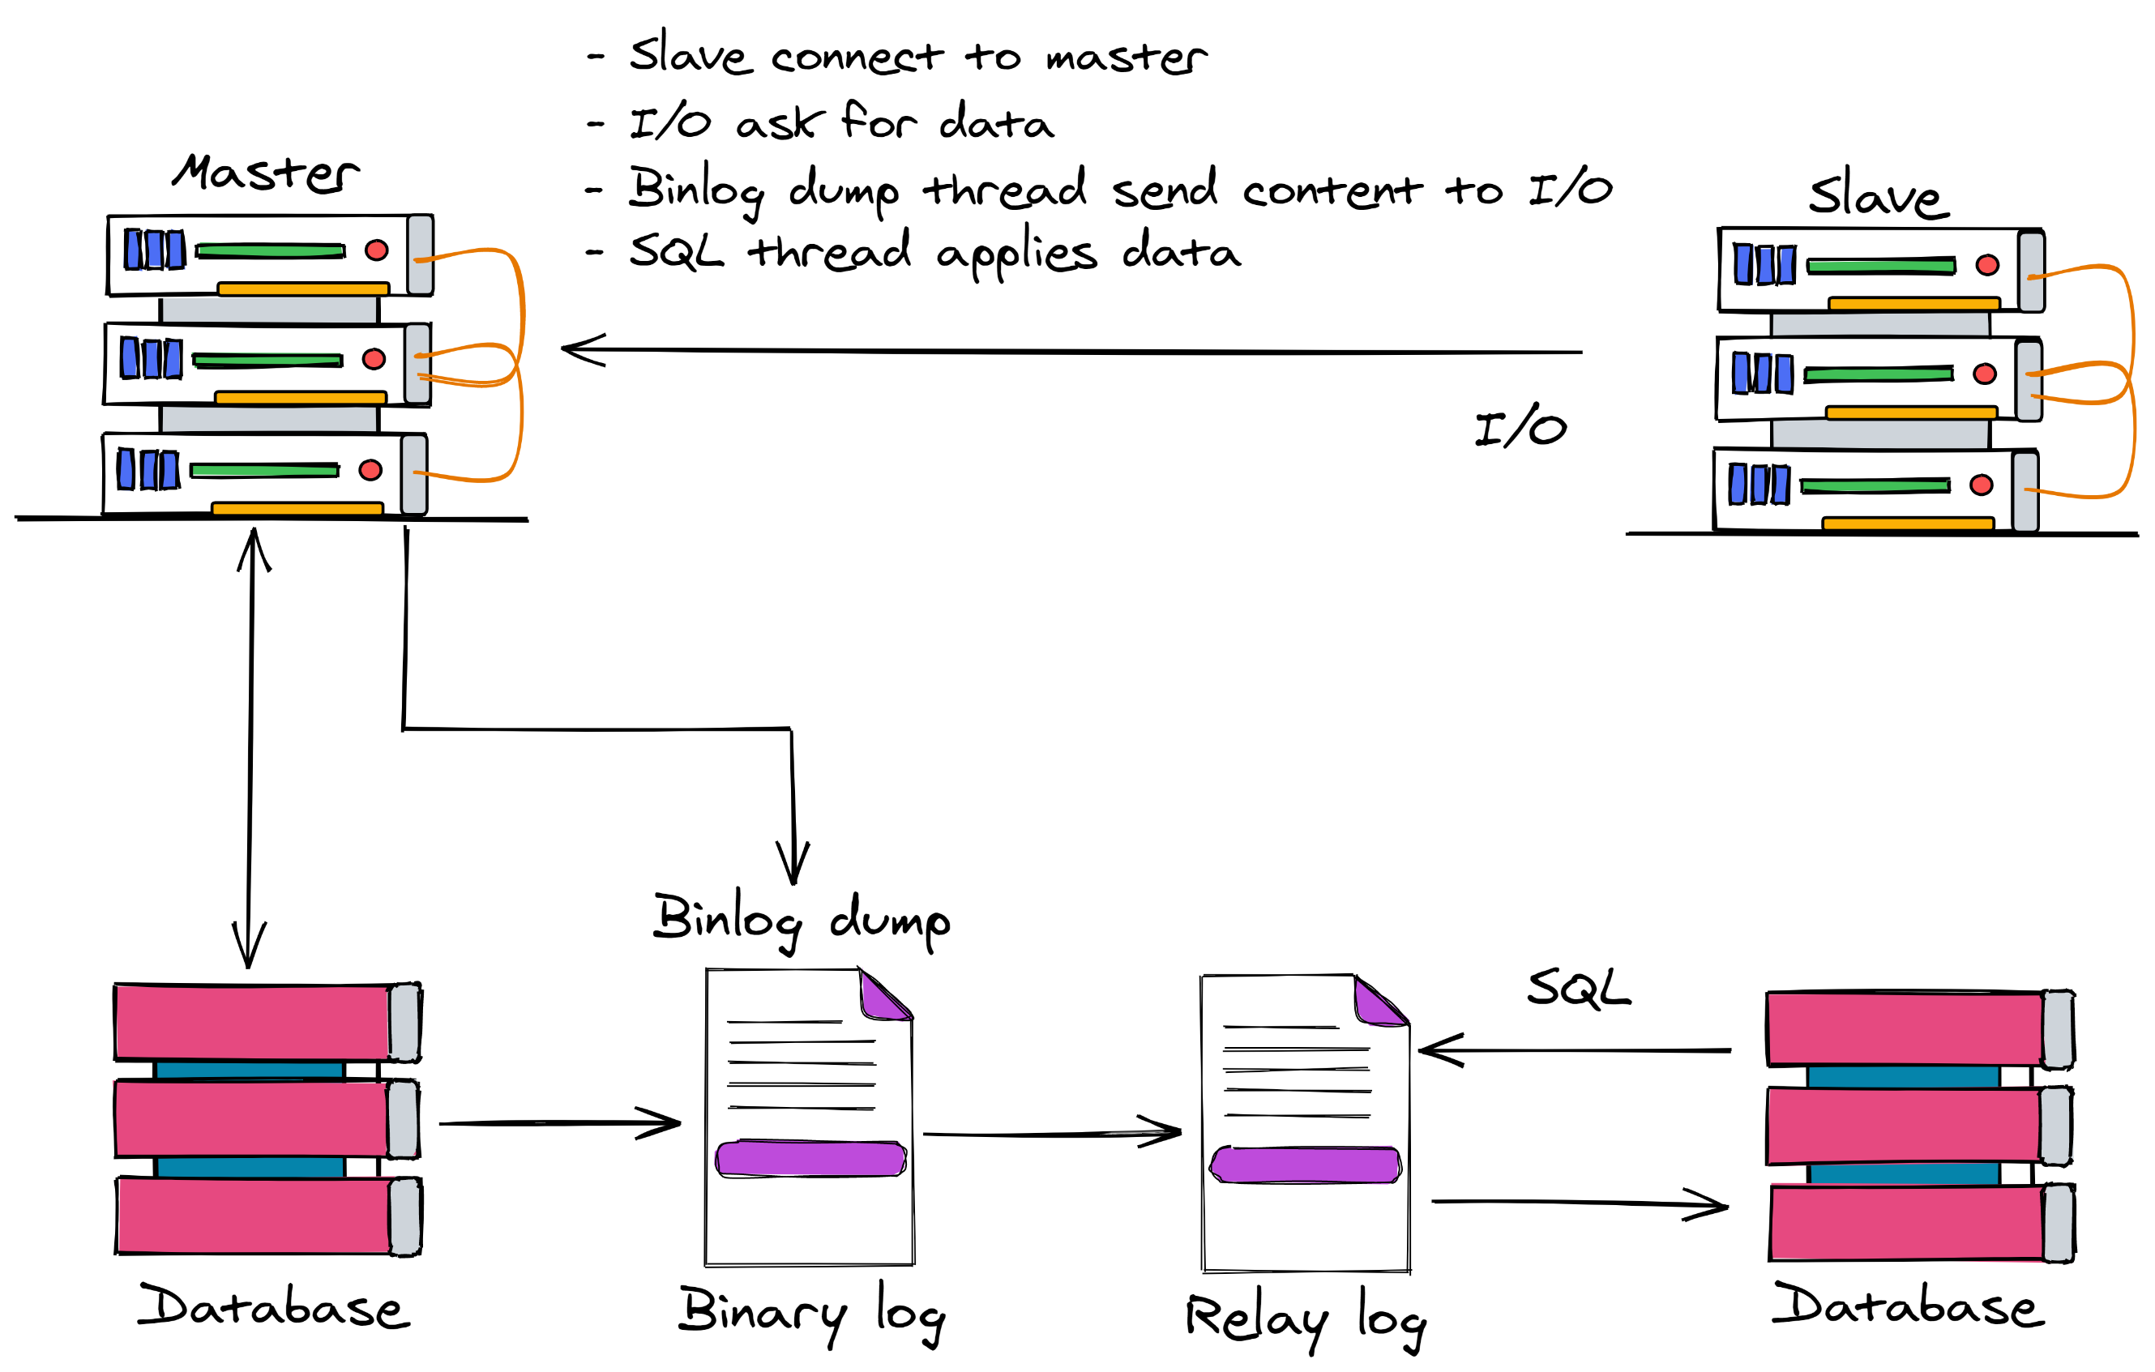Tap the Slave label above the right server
[x=1878, y=194]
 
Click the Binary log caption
[x=810, y=1312]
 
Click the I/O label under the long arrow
[x=1520, y=427]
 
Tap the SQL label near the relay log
[x=1579, y=988]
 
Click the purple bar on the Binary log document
[x=810, y=1158]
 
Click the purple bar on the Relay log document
[x=1305, y=1165]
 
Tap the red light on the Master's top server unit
[x=377, y=250]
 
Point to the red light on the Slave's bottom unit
[x=1982, y=485]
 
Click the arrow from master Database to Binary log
[x=559, y=1123]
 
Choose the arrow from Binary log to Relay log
[x=1051, y=1134]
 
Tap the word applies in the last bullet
[x=1016, y=254]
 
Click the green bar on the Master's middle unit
[x=267, y=361]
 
